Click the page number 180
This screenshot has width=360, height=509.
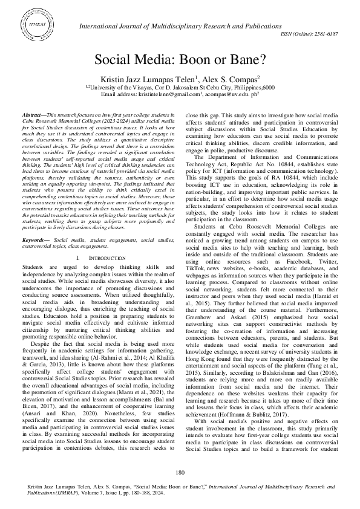tap(180, 472)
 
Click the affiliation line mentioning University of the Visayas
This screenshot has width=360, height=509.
tap(179, 87)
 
